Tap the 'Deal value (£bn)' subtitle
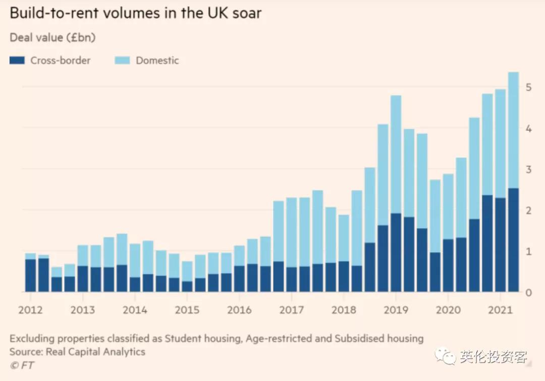[x=52, y=38]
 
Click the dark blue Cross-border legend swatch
[x=17, y=61]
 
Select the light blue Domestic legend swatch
[x=123, y=61]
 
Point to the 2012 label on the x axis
[x=30, y=310]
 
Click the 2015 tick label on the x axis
[x=187, y=310]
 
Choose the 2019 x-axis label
[x=396, y=310]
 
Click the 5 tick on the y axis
[x=528, y=87]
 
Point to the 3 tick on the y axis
[x=528, y=169]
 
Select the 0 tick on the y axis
[x=528, y=293]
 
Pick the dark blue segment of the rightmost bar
[x=513, y=240]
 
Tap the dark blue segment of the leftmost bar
[x=30, y=275]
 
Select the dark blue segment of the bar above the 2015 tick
[x=187, y=287]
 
